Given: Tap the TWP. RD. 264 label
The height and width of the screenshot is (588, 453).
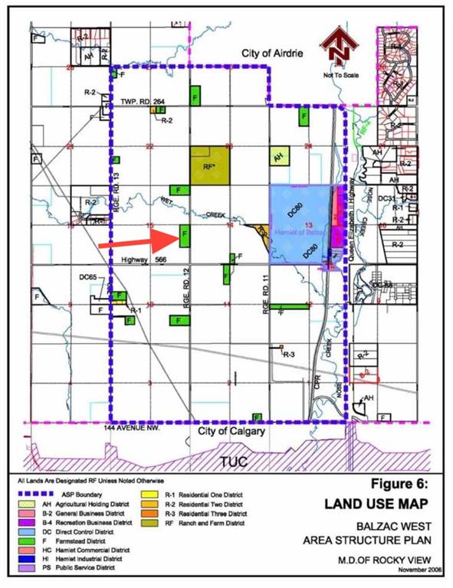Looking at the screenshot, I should pyautogui.click(x=143, y=101).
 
